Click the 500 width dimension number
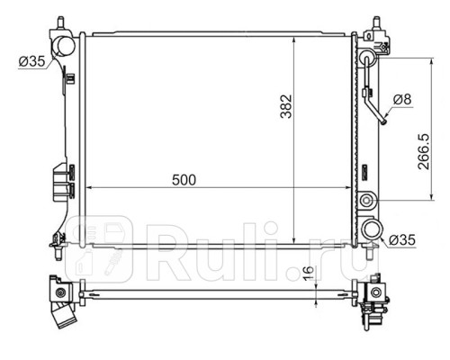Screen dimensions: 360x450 point(184,179)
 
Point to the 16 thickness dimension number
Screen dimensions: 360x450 point(310,274)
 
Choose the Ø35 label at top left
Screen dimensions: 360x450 point(30,61)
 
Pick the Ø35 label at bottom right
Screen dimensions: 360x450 point(403,238)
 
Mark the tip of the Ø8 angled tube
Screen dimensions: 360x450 point(384,123)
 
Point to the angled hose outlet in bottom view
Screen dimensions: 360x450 point(63,319)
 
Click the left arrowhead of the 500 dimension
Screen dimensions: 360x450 point(85,189)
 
